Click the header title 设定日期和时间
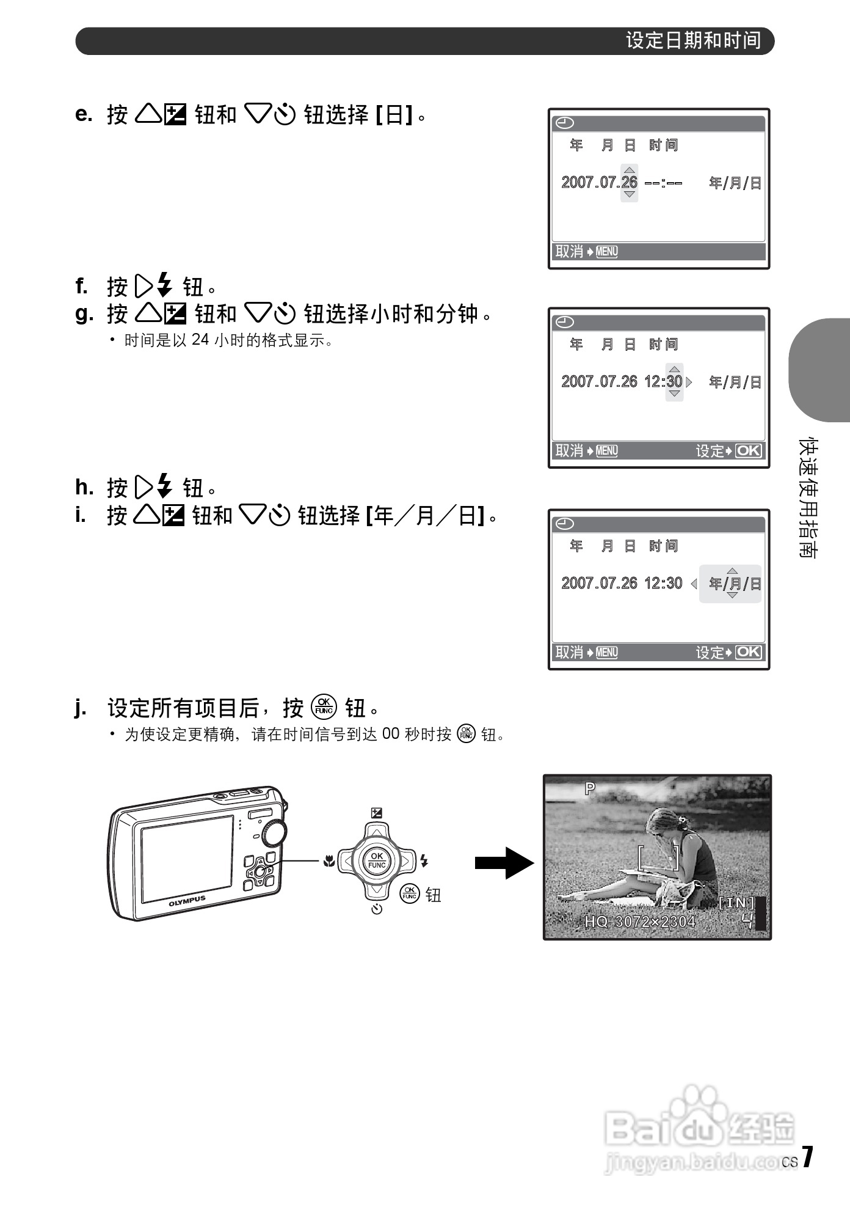[693, 41]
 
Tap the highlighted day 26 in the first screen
[629, 182]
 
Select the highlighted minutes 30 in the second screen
[674, 381]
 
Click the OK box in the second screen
[748, 451]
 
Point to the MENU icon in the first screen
[606, 252]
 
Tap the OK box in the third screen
[748, 652]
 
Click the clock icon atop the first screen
[564, 123]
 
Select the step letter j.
[80, 708]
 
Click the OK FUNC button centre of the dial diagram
[377, 860]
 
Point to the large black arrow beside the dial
[504, 863]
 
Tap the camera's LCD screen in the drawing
[187, 858]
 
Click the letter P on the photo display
[589, 788]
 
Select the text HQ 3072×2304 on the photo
[639, 922]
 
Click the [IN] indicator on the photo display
[736, 903]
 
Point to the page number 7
[807, 1157]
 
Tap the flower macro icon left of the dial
[329, 862]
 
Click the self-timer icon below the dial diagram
[377, 909]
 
